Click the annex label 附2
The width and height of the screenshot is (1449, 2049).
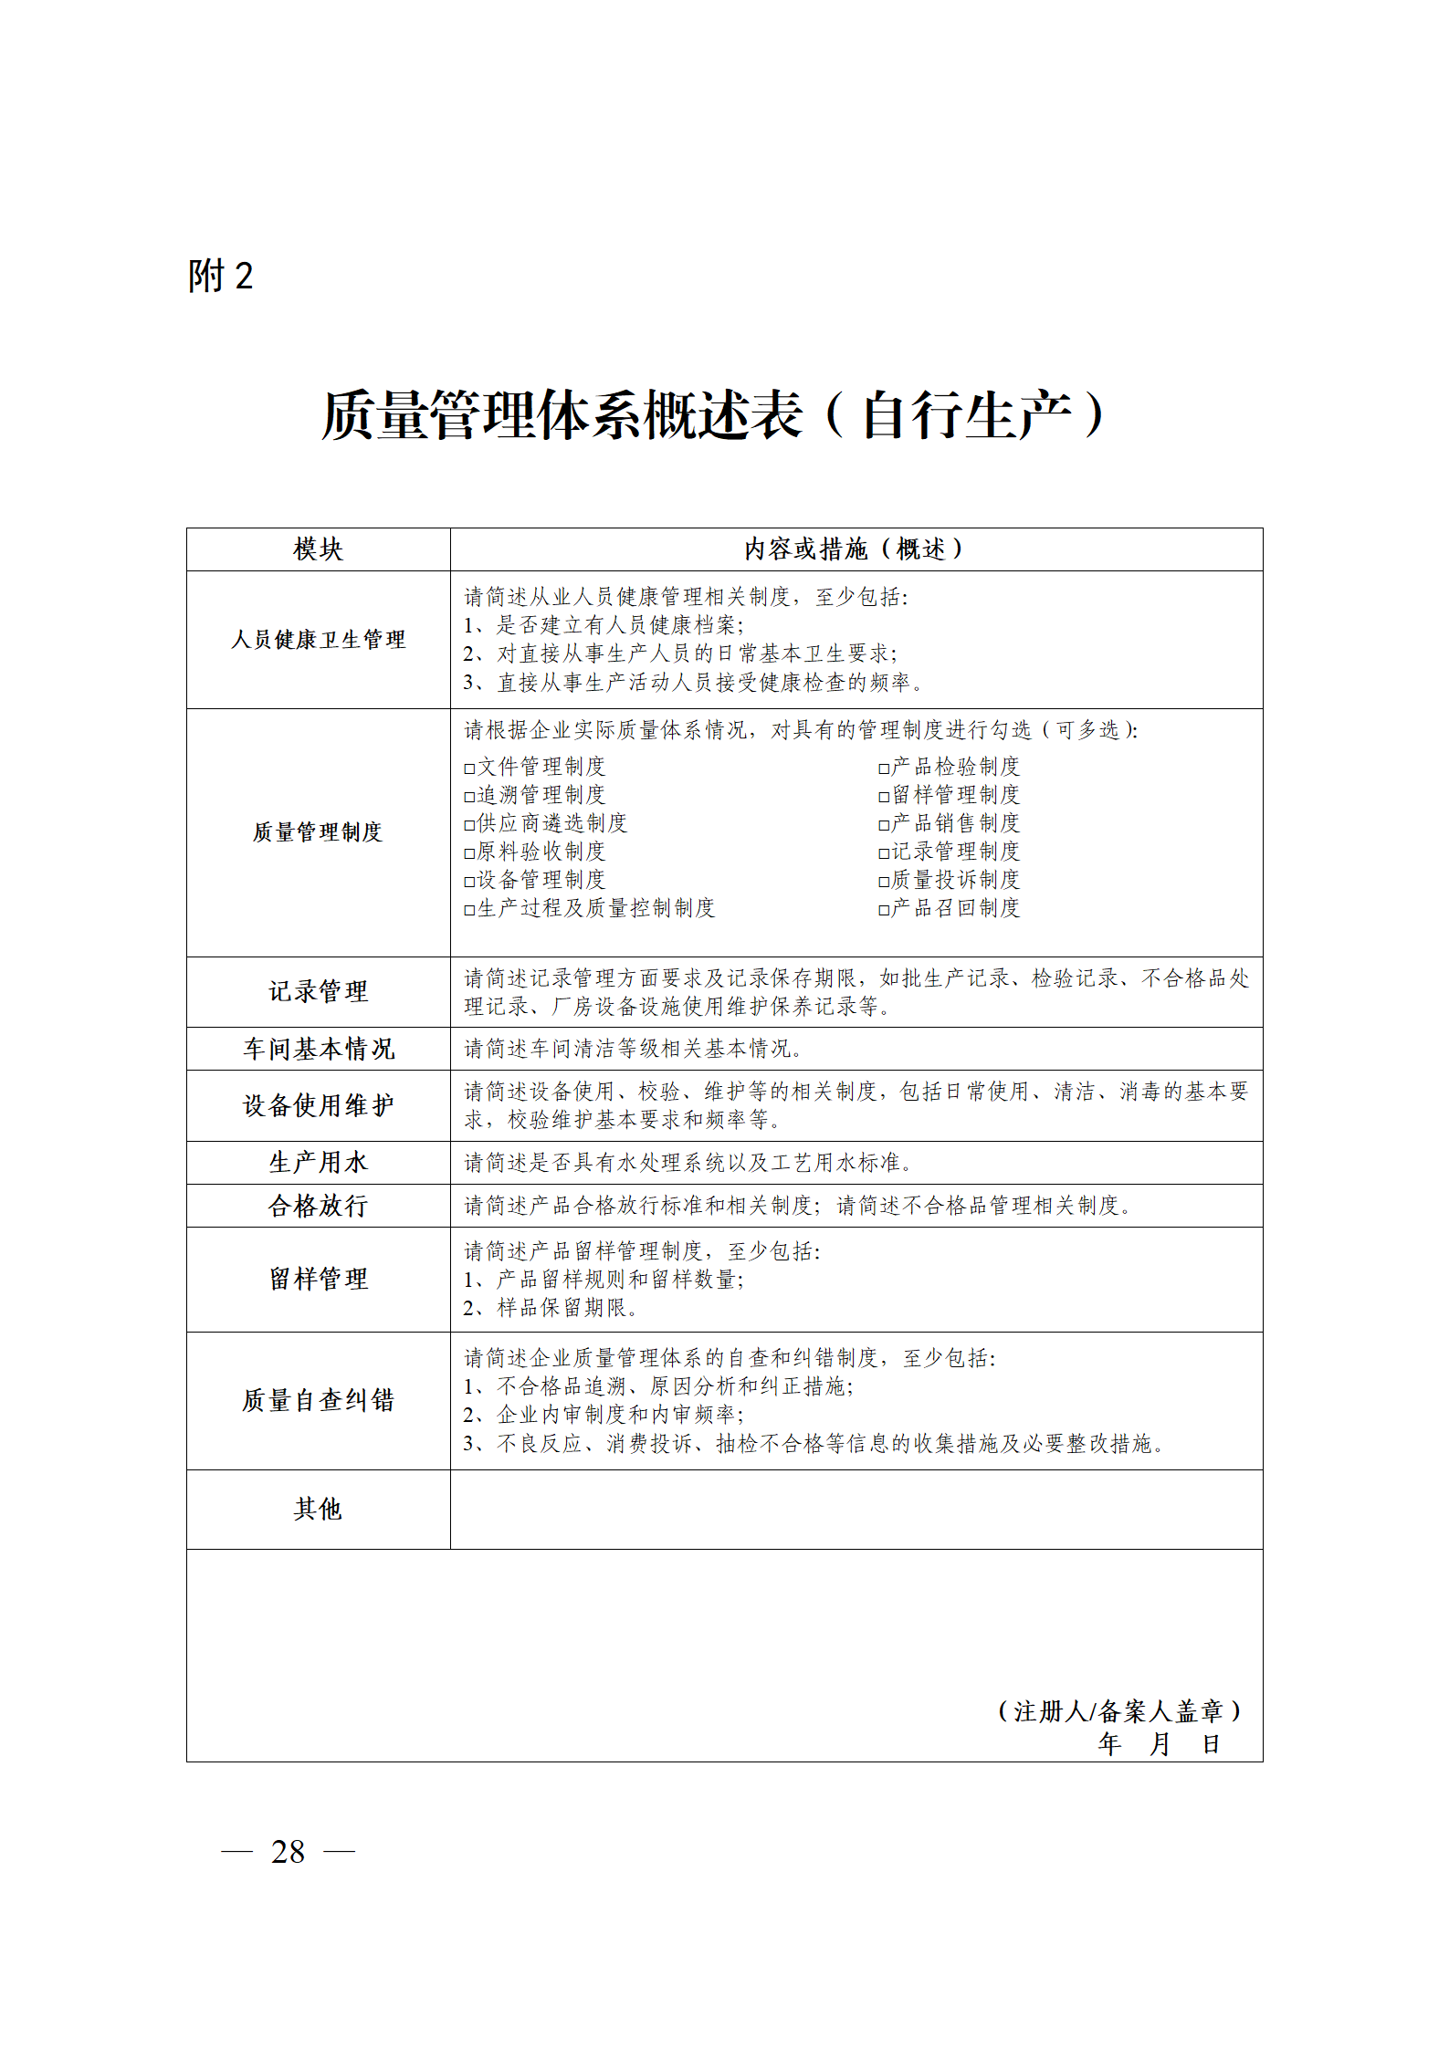point(220,276)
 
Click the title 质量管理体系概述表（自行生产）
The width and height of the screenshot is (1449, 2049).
point(713,415)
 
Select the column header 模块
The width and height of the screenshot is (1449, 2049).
point(318,549)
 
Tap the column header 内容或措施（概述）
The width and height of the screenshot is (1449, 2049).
point(855,549)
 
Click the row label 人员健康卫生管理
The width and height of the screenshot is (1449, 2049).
point(318,640)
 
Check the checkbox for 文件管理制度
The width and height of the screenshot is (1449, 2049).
point(469,768)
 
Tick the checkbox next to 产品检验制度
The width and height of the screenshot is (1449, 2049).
point(884,768)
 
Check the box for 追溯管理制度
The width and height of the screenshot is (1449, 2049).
point(469,797)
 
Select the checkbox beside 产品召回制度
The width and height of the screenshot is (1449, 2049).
point(884,910)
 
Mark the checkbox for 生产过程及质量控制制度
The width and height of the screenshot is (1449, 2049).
point(469,910)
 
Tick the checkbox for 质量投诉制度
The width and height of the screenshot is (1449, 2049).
point(884,882)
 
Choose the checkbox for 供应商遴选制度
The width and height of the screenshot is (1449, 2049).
point(469,825)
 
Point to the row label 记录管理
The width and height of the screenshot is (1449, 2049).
point(318,991)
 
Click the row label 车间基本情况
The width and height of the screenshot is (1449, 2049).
point(318,1049)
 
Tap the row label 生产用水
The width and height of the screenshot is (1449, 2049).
point(318,1162)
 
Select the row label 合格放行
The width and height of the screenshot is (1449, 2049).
point(318,1206)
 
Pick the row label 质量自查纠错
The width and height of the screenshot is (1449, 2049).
point(318,1400)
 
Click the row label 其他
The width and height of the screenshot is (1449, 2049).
point(318,1509)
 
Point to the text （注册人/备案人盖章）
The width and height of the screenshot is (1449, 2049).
point(1118,1711)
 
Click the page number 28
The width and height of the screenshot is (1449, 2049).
point(288,1852)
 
